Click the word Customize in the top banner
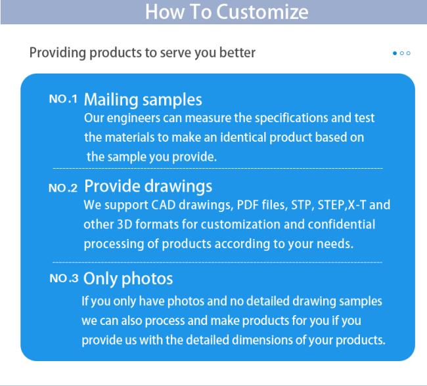click(x=262, y=12)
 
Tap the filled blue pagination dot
click(x=395, y=53)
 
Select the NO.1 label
click(x=63, y=99)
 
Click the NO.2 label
click(x=63, y=188)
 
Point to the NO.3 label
click(x=64, y=278)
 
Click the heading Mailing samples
click(x=143, y=100)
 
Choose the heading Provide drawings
click(x=148, y=186)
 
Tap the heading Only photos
click(x=128, y=279)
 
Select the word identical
click(x=243, y=137)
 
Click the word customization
click(x=240, y=225)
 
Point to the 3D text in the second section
click(x=125, y=225)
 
